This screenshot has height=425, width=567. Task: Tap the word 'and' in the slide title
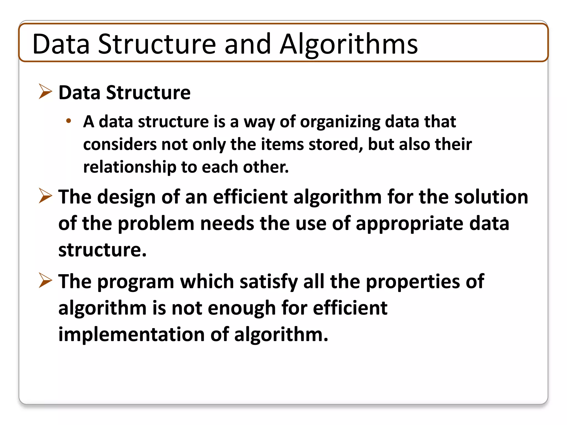[248, 44]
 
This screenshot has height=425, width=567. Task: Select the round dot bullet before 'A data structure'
[69, 121]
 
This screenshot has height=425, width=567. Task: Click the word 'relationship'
[130, 167]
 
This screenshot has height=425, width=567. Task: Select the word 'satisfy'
[268, 282]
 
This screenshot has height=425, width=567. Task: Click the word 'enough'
[241, 308]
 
